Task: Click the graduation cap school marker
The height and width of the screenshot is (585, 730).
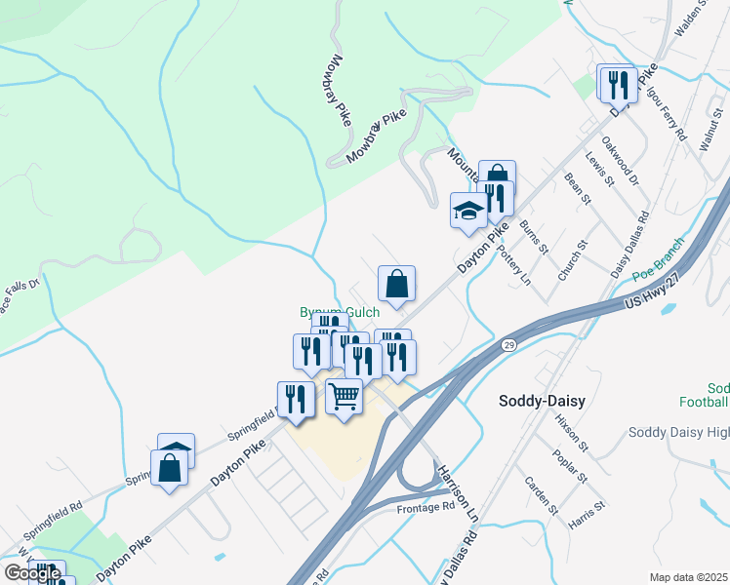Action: (468, 211)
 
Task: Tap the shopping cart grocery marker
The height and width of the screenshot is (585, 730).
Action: (344, 398)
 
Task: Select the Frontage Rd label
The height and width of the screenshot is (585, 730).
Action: (426, 507)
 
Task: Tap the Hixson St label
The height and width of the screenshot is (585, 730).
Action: (570, 434)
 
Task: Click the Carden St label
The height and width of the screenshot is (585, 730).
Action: (541, 495)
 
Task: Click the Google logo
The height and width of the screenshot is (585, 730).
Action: (32, 573)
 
